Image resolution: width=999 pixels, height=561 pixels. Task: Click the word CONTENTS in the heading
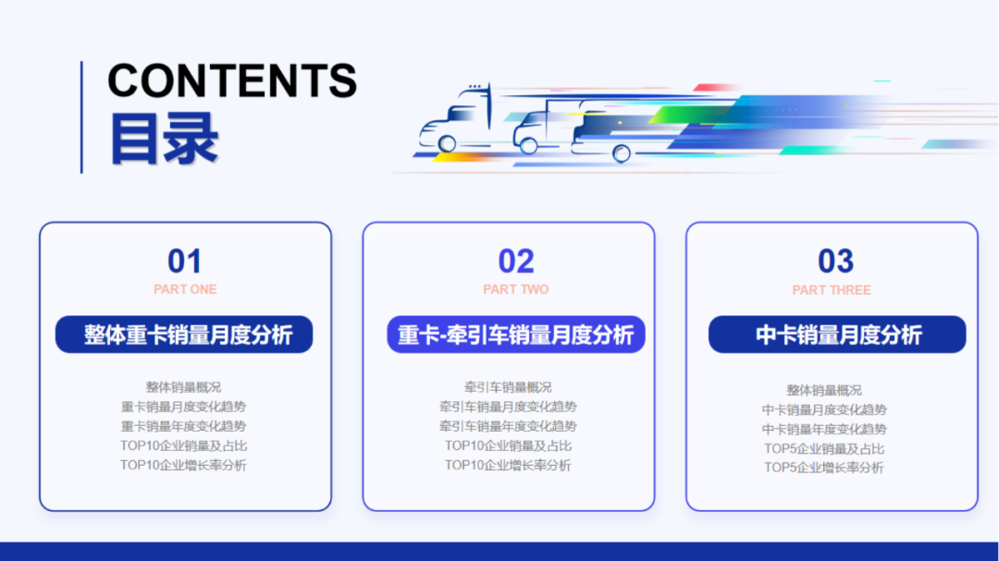(x=232, y=81)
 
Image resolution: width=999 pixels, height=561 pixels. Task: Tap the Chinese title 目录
(x=164, y=139)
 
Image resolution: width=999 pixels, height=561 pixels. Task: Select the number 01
(x=185, y=262)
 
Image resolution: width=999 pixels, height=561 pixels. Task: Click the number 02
(x=516, y=262)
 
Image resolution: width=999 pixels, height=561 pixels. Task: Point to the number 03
(x=835, y=262)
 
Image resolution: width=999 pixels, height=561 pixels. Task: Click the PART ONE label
(x=185, y=289)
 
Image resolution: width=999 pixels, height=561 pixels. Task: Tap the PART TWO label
(x=516, y=289)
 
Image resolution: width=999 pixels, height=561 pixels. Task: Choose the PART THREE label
(x=832, y=290)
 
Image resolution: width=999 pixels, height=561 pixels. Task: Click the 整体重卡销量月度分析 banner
(x=184, y=335)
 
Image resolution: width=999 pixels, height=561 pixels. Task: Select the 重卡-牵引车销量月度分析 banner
(x=515, y=335)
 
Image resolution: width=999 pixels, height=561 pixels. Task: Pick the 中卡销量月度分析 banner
(x=837, y=335)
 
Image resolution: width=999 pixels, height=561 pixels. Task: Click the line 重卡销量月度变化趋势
(x=183, y=407)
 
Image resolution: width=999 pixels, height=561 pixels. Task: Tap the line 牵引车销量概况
(x=508, y=387)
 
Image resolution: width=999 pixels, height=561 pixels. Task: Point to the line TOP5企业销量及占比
(x=824, y=448)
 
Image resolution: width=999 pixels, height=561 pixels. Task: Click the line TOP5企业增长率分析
(x=824, y=468)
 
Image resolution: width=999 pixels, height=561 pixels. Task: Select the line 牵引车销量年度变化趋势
(x=508, y=426)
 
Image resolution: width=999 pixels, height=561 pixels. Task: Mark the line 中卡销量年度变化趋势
(x=824, y=429)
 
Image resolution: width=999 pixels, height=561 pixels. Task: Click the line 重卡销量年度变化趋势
(x=183, y=426)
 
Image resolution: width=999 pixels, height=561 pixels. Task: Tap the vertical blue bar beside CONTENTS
(x=81, y=117)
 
